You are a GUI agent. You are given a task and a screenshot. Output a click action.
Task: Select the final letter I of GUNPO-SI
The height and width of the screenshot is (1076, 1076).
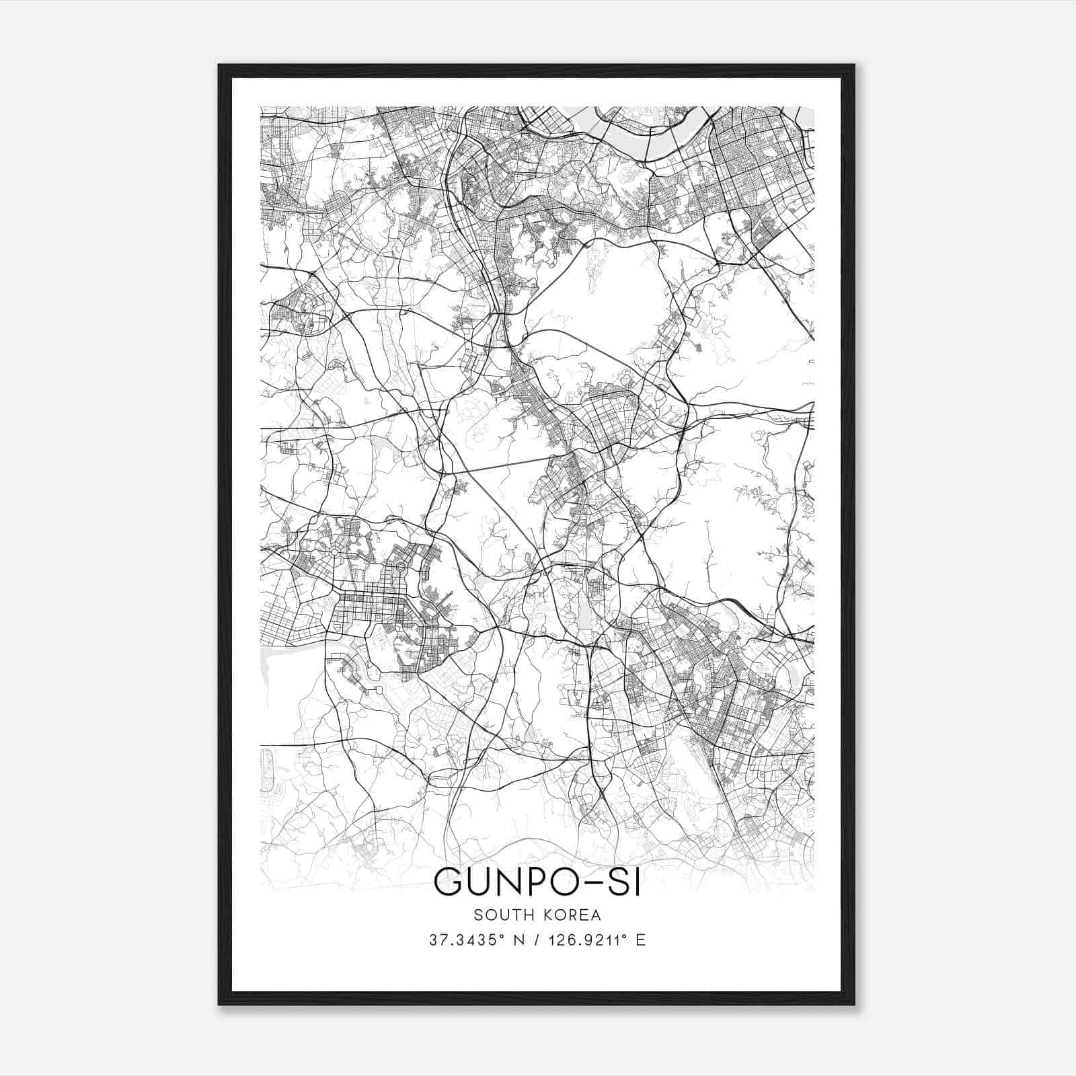pos(637,882)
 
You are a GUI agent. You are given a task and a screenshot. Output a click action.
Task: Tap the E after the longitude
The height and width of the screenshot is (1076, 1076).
pos(641,940)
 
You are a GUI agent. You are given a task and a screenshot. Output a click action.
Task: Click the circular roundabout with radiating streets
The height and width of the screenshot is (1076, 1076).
pos(334,553)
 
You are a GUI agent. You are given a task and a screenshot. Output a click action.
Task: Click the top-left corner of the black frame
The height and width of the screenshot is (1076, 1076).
pos(219,66)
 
